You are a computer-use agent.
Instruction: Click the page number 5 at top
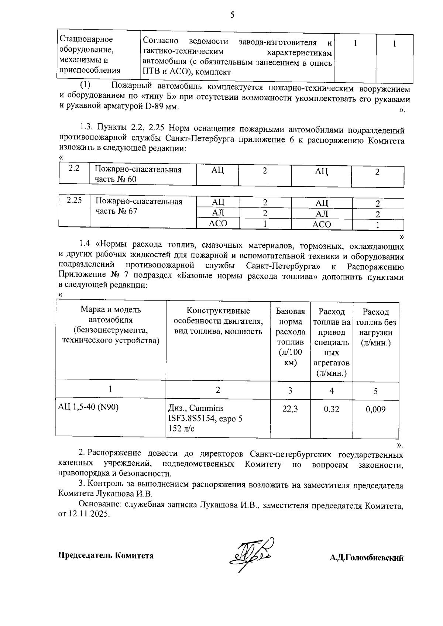pyautogui.click(x=232, y=15)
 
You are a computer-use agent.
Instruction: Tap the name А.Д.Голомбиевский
pyautogui.click(x=366, y=558)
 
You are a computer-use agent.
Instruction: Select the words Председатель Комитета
pyautogui.click(x=106, y=556)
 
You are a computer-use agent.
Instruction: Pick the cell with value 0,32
pyautogui.click(x=331, y=409)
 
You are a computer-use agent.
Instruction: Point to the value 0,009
pyautogui.click(x=375, y=409)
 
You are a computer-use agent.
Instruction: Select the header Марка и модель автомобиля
pyautogui.click(x=111, y=315)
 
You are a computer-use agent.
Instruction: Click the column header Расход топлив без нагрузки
pyautogui.click(x=376, y=327)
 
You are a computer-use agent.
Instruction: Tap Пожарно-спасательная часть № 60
pyautogui.click(x=138, y=174)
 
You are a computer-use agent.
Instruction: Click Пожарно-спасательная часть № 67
pyautogui.click(x=139, y=206)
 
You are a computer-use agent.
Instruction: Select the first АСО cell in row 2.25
pyautogui.click(x=218, y=223)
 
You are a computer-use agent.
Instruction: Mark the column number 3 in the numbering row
pyautogui.click(x=290, y=391)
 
